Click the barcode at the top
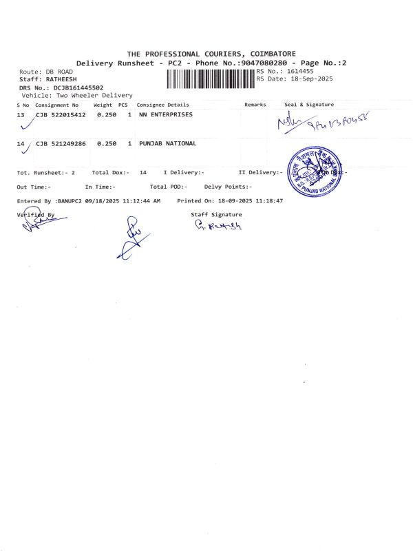211,79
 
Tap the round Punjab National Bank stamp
315,172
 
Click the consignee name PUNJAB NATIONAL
167,143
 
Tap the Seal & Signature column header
309,105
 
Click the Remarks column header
255,105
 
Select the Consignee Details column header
163,105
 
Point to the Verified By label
35,215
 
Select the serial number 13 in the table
21,114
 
